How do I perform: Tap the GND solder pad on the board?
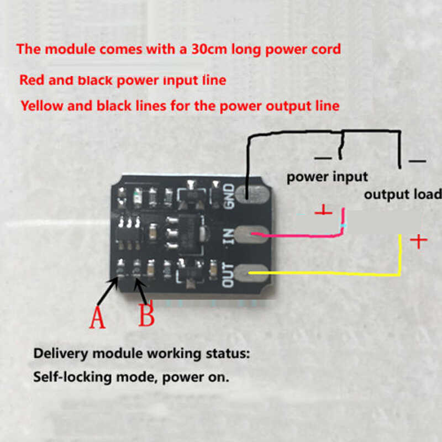[x=252, y=193]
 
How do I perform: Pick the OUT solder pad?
[x=252, y=273]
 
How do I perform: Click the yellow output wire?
[x=331, y=273]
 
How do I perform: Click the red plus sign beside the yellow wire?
[x=419, y=241]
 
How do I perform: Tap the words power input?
[x=327, y=177]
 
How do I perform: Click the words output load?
[x=402, y=194]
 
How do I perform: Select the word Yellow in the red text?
[x=41, y=105]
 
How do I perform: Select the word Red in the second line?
[x=31, y=80]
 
